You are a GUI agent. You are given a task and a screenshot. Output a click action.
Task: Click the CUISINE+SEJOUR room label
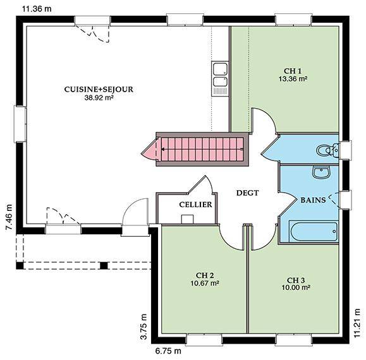click(99, 89)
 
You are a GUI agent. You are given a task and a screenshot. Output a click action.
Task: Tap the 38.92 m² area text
click(99, 98)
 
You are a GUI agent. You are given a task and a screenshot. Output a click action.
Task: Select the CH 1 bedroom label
click(293, 71)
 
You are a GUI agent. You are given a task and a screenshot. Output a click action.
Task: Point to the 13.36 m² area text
click(293, 79)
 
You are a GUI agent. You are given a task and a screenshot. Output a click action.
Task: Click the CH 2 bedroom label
click(205, 275)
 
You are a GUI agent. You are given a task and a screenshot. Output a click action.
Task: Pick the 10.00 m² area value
click(296, 287)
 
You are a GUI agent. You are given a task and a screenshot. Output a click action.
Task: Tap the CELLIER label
click(195, 205)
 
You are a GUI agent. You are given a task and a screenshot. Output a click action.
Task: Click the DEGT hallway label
click(247, 193)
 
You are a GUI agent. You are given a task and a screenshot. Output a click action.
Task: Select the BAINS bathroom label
click(313, 200)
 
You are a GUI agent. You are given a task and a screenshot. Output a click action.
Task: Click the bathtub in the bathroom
click(314, 232)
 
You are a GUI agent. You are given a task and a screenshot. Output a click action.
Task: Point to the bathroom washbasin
click(321, 172)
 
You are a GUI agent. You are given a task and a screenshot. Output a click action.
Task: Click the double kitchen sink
click(219, 78)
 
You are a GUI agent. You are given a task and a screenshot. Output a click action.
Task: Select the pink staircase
click(202, 149)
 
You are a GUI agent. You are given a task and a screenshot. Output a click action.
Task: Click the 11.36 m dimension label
click(37, 9)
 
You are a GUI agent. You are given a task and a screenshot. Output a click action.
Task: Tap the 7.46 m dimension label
click(9, 217)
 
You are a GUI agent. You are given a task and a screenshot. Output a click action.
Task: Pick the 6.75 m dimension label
click(168, 351)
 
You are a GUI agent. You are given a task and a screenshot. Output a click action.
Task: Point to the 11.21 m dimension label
click(357, 323)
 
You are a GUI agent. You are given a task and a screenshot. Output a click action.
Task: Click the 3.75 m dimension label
click(144, 327)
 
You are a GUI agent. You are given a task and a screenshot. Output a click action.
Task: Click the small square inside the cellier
click(188, 219)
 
